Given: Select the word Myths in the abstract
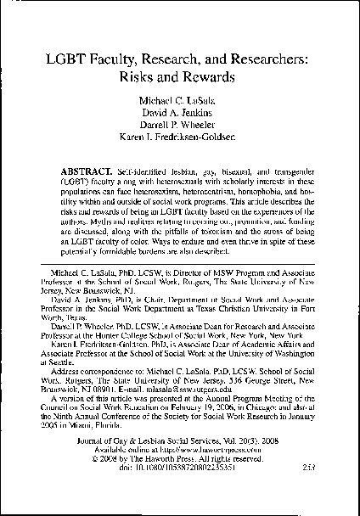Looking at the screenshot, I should (115, 224).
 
